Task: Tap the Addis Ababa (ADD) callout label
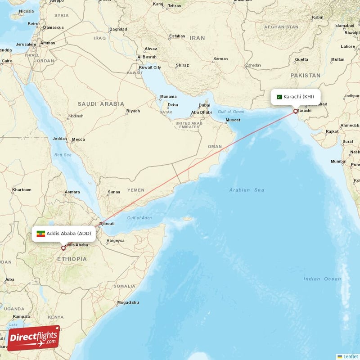coord(63,234)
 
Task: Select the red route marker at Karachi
coord(295,111)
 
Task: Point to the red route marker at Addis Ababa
coord(63,248)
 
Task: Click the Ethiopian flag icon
coord(41,234)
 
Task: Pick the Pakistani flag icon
coord(279,97)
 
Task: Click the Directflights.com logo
coord(33,338)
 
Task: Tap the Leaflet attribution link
coord(350,356)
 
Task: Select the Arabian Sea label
coord(247,190)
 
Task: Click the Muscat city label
coord(233,120)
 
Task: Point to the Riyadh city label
coord(133,111)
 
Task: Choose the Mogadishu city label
coord(127,302)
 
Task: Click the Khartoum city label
coord(22,190)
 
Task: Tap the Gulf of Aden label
coord(139,218)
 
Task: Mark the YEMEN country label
coord(135,190)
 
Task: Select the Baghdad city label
coord(118,29)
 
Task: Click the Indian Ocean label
coord(322,279)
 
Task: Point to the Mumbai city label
coord(338,161)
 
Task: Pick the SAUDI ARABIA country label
coord(101,103)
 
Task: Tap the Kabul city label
coord(318,17)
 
